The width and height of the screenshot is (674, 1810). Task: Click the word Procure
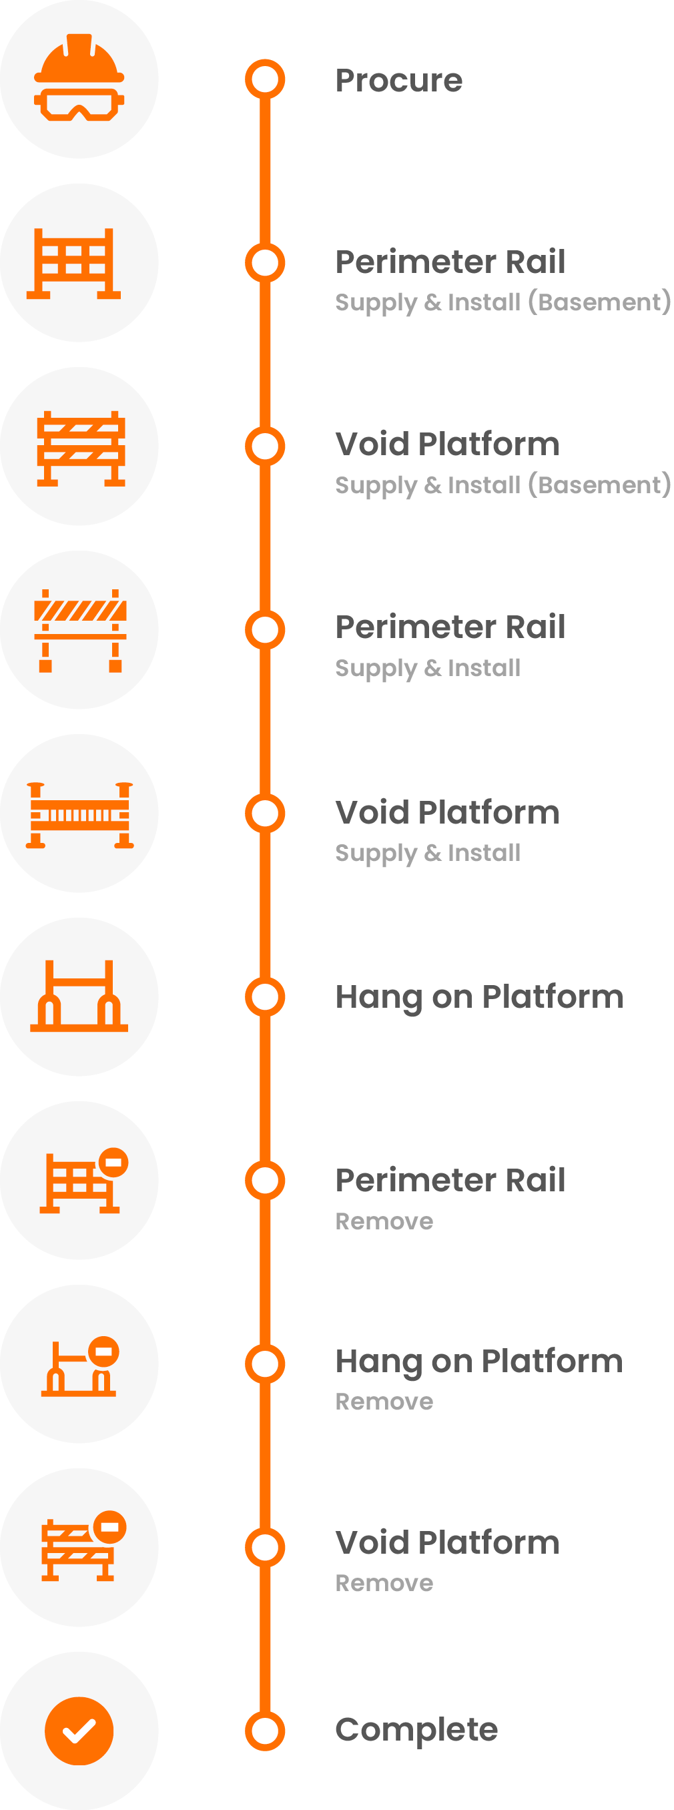pos(398,80)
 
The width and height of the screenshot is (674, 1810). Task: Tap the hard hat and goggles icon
pos(79,79)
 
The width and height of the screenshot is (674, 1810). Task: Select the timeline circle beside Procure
pos(265,79)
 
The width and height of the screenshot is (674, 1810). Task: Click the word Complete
pos(416,1729)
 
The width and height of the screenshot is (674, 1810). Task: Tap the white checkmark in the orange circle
pos(79,1730)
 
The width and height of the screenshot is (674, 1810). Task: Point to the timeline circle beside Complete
pos(265,1731)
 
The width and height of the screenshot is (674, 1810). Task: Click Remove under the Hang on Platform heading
pos(384,1401)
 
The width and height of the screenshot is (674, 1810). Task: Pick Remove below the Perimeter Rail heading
pos(384,1221)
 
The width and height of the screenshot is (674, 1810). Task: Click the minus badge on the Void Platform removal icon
pos(109,1526)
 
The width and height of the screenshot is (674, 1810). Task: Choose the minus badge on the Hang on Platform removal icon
pos(104,1350)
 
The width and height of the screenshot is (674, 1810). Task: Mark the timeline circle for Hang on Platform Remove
pos(265,1364)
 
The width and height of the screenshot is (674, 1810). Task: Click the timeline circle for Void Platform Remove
pos(265,1547)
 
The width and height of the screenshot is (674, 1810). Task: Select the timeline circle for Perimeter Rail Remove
pos(265,1181)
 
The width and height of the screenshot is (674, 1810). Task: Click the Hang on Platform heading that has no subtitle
pos(478,996)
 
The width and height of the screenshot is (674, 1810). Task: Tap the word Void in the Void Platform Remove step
pos(372,1543)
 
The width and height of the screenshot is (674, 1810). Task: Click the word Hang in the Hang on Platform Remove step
pos(378,1362)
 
